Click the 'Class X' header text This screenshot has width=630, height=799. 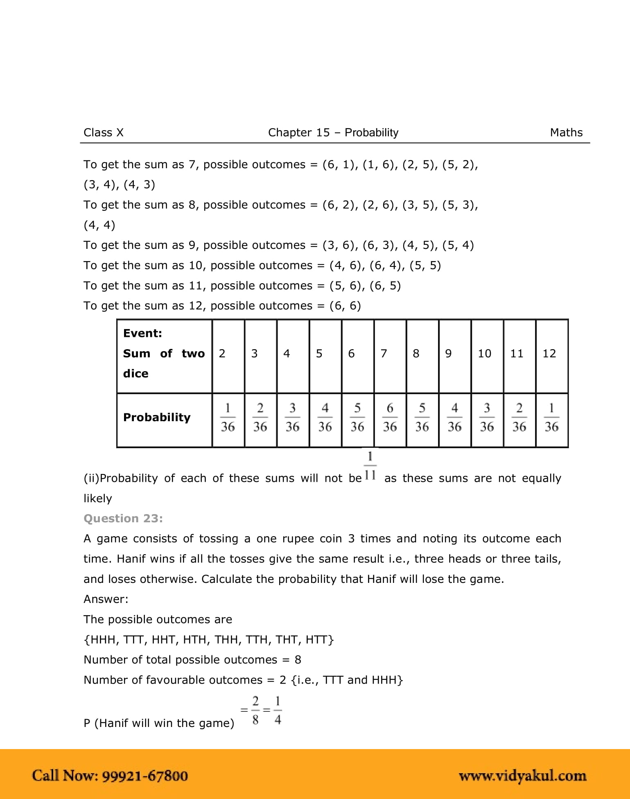coord(103,133)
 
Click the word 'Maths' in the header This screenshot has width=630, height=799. coord(566,133)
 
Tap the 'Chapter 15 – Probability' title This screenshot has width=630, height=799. coord(333,133)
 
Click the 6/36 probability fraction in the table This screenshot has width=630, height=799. coord(389,418)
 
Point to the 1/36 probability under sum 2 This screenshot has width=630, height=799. coord(228,418)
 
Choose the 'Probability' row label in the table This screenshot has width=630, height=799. coord(157,418)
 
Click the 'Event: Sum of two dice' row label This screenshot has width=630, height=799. coord(163,354)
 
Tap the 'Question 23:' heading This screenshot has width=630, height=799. coord(123,519)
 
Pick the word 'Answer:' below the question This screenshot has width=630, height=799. coord(106,599)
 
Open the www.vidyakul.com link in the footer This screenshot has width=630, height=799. coord(522,776)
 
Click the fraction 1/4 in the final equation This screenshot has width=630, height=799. coord(278,711)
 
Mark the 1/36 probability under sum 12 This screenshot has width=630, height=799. coord(551,418)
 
